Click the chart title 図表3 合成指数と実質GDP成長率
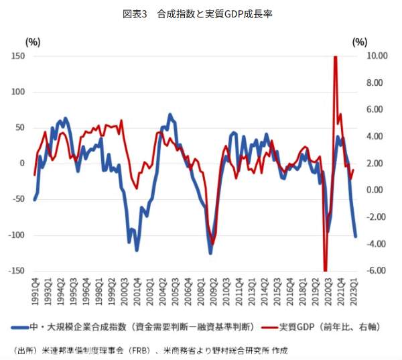[201, 13]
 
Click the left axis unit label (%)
[33, 42]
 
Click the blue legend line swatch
[19, 327]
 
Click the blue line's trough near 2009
[210, 253]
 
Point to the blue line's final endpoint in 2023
[355, 236]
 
